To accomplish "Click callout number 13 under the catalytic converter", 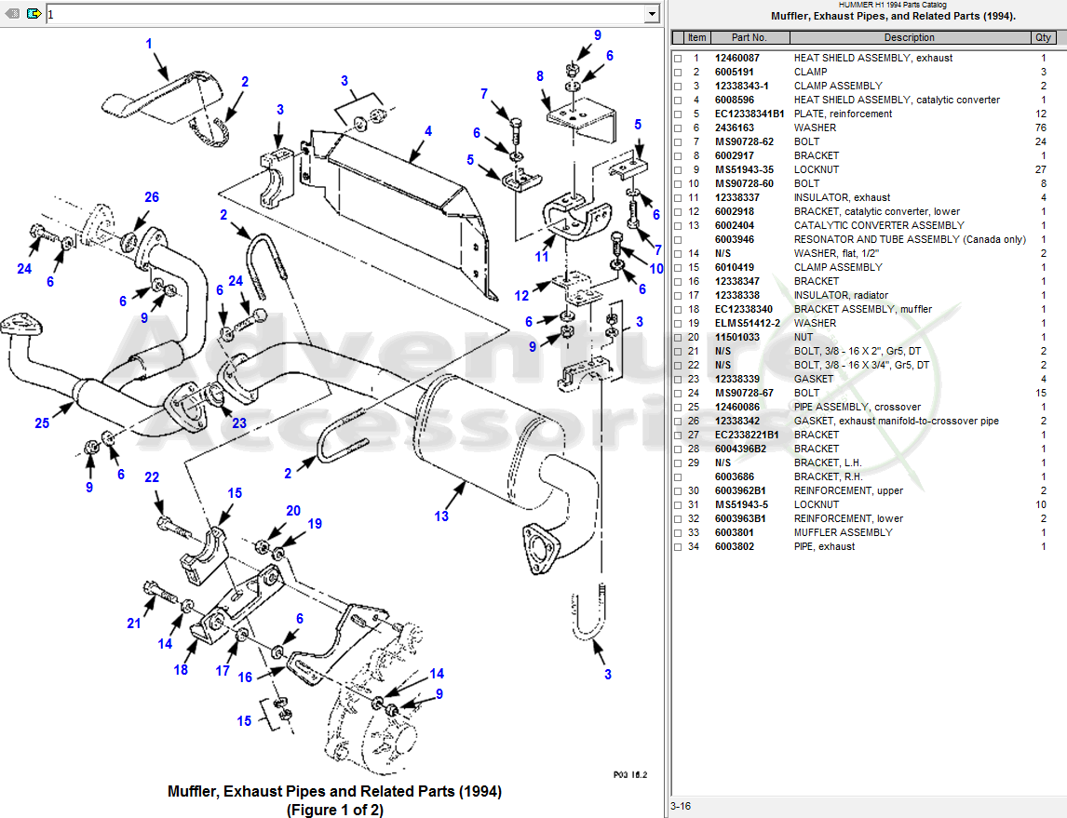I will click(441, 516).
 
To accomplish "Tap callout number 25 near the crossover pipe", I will click(42, 423).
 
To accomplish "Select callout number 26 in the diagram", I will click(152, 197).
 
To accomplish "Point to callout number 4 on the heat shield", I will click(428, 131).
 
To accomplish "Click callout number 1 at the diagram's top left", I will click(149, 44).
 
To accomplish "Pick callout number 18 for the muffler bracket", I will click(181, 670).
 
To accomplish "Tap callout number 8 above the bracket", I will click(540, 75).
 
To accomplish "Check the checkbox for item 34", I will click(678, 547).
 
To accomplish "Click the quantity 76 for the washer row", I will click(1042, 127).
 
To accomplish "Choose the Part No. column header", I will click(750, 38).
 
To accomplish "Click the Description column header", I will click(909, 38).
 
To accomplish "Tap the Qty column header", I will click(1043, 38).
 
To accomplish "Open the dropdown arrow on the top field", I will click(652, 14).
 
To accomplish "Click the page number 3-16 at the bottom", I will click(681, 806).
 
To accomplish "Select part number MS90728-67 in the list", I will click(744, 393).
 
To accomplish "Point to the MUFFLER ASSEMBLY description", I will click(843, 532).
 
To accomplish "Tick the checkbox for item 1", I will click(678, 59).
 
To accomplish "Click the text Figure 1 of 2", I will click(334, 810).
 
